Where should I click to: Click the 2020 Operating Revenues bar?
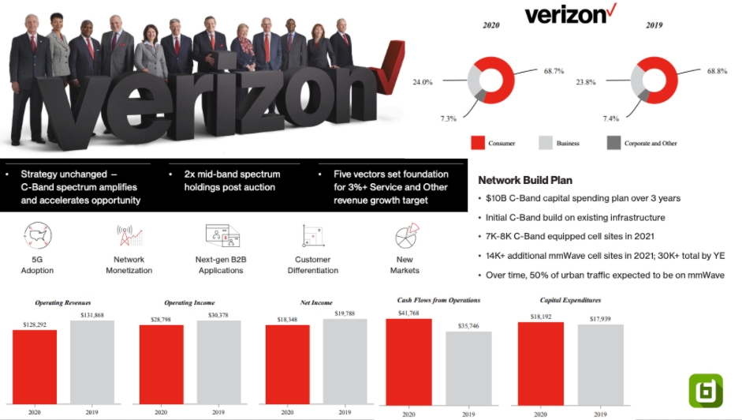(35, 366)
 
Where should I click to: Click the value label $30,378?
(218, 315)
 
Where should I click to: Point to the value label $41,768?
(408, 313)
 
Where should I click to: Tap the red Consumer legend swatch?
(477, 143)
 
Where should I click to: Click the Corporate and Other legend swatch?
(613, 143)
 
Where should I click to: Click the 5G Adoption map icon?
(38, 236)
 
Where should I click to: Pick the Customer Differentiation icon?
(313, 236)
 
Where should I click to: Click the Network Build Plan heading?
(524, 179)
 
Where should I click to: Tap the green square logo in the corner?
(706, 390)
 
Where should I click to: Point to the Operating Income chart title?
(189, 302)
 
